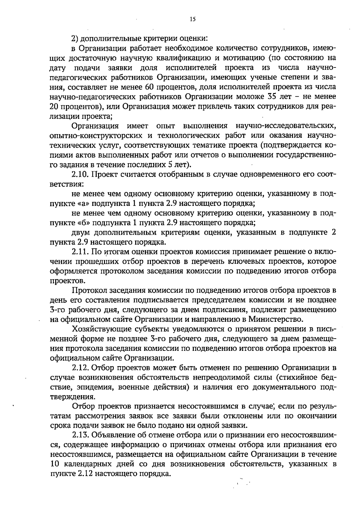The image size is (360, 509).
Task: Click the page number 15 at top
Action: click(193, 20)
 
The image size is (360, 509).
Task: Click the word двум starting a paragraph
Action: click(81, 233)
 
